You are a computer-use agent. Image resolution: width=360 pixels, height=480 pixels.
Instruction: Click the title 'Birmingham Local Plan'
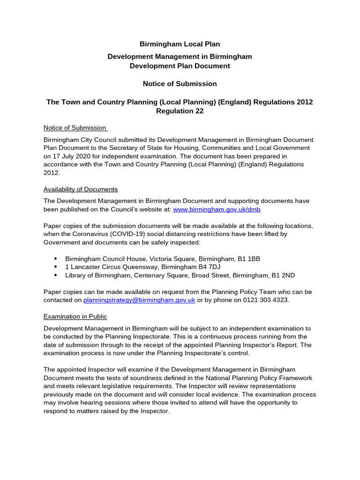(x=180, y=44)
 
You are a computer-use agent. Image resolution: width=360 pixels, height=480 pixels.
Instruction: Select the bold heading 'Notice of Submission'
(x=180, y=84)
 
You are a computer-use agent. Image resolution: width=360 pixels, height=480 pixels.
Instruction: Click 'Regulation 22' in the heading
(x=180, y=111)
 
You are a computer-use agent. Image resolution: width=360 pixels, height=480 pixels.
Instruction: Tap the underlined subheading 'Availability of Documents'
(x=81, y=189)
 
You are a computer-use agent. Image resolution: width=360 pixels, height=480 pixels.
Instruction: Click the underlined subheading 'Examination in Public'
(x=75, y=316)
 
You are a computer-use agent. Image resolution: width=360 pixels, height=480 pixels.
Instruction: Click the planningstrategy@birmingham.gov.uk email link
(x=139, y=300)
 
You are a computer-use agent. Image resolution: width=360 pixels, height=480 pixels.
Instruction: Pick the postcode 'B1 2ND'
(x=283, y=276)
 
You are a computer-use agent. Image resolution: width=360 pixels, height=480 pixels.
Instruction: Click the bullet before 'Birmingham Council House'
(x=56, y=259)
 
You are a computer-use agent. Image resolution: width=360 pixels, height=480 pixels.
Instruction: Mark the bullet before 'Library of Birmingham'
(x=56, y=276)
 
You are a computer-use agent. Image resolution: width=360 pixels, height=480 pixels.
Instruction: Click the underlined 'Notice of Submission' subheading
(x=75, y=128)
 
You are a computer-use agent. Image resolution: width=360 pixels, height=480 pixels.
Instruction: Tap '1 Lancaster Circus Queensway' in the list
(x=109, y=267)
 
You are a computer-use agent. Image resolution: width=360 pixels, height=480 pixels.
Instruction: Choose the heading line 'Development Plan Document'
(x=180, y=66)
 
